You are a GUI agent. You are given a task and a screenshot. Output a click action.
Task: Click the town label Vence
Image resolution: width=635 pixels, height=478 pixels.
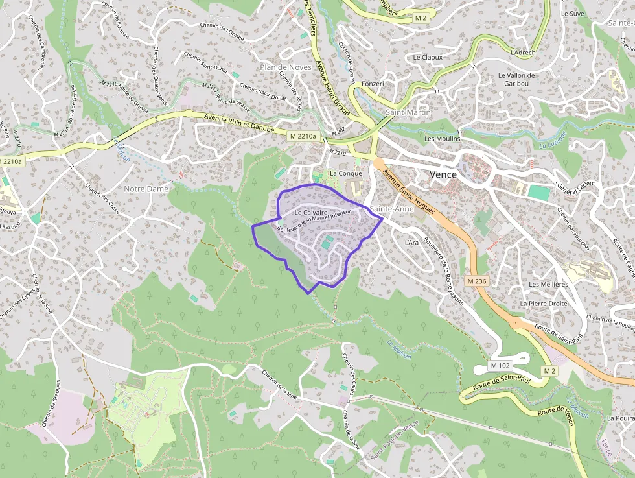443,175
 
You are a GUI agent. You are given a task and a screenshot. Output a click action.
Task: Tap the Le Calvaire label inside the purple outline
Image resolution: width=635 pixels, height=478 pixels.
310,213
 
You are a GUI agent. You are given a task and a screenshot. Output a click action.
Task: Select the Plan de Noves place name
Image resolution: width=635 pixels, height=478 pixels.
281,67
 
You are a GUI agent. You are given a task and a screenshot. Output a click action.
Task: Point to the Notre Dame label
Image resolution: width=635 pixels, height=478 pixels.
146,189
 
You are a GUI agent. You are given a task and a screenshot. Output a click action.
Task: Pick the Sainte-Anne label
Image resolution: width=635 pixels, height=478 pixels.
391,209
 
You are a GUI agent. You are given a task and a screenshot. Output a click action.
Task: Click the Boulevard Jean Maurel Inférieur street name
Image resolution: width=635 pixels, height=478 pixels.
314,221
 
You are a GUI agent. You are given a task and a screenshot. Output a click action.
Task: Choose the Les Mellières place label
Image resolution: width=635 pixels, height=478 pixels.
548,284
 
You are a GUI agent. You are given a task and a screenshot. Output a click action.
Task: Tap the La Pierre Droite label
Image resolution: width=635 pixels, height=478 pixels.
544,304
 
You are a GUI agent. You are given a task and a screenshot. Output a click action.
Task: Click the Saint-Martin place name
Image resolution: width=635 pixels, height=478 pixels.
408,112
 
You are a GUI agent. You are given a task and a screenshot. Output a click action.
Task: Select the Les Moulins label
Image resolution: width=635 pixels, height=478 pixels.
442,139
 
